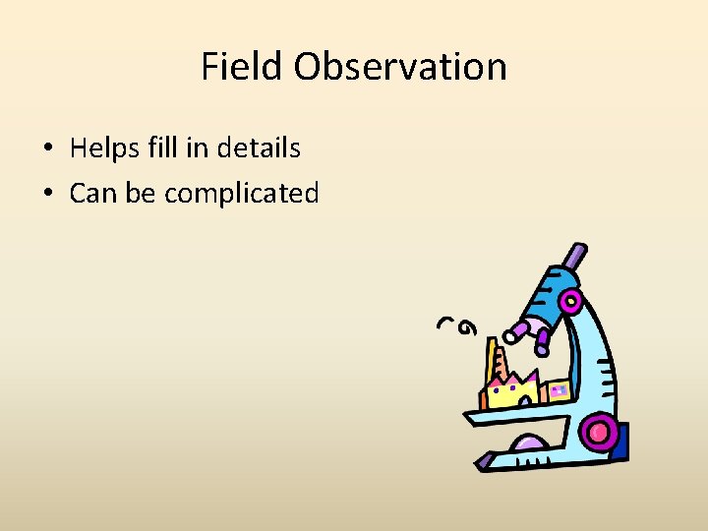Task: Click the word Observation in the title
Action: tap(399, 67)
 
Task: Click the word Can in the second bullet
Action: tap(92, 193)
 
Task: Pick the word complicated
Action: tap(242, 194)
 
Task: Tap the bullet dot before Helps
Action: tap(46, 149)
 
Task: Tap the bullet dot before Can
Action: tap(46, 194)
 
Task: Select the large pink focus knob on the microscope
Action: tap(598, 431)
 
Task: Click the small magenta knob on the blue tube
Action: tap(571, 299)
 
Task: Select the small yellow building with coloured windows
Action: tap(556, 391)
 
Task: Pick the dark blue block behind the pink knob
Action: tap(619, 442)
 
